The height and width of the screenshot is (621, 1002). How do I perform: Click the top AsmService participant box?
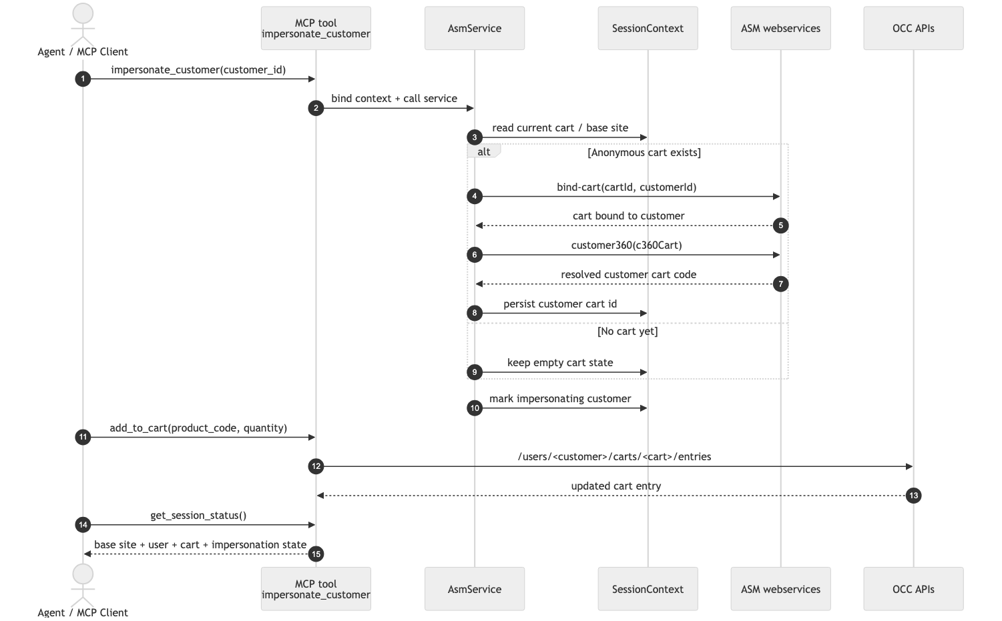pyautogui.click(x=475, y=29)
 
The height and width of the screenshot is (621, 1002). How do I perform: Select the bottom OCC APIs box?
pyautogui.click(x=913, y=589)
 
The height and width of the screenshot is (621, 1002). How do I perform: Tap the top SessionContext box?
pyautogui.click(x=648, y=29)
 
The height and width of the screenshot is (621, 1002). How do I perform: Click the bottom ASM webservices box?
pyautogui.click(x=780, y=589)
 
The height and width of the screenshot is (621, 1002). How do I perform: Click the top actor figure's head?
pyautogui.click(x=83, y=13)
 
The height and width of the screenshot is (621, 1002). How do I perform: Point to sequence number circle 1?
pyautogui.click(x=83, y=79)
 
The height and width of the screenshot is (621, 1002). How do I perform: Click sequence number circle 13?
pyautogui.click(x=913, y=496)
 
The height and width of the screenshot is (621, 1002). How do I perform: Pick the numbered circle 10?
pyautogui.click(x=475, y=408)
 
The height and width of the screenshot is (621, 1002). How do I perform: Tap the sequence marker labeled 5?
pyautogui.click(x=780, y=225)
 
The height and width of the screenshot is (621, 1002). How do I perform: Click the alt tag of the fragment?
pyautogui.click(x=483, y=152)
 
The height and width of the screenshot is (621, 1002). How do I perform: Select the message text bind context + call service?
pyautogui.click(x=394, y=99)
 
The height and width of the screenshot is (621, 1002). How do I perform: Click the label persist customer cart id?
pyautogui.click(x=560, y=304)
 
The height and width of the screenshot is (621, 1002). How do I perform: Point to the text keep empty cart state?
pyautogui.click(x=560, y=363)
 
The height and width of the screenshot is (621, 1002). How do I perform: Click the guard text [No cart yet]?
pyautogui.click(x=628, y=332)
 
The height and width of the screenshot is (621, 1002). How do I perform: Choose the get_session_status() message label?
pyautogui.click(x=198, y=516)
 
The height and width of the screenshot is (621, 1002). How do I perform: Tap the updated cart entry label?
pyautogui.click(x=615, y=486)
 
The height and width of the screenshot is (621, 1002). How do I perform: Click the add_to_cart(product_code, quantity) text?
pyautogui.click(x=198, y=428)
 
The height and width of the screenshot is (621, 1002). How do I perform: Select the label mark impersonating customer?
pyautogui.click(x=560, y=399)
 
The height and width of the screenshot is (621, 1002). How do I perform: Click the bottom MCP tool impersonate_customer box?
pyautogui.click(x=316, y=589)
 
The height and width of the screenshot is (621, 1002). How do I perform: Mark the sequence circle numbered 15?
pyautogui.click(x=316, y=554)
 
